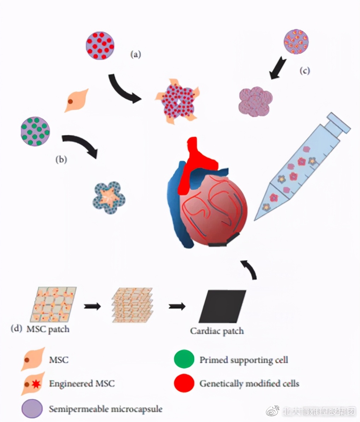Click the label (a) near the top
tap(135, 54)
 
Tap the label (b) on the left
tap(61, 159)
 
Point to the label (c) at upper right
tap(304, 71)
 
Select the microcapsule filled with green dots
tap(35, 131)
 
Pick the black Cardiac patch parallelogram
tap(222, 306)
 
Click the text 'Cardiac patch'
tap(217, 331)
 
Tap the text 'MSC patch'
tap(48, 329)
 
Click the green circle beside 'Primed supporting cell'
tap(184, 359)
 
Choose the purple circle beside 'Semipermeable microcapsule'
tap(32, 409)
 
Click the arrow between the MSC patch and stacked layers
tap(92, 306)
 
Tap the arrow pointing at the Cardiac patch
tap(177, 306)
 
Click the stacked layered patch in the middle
tap(132, 305)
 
